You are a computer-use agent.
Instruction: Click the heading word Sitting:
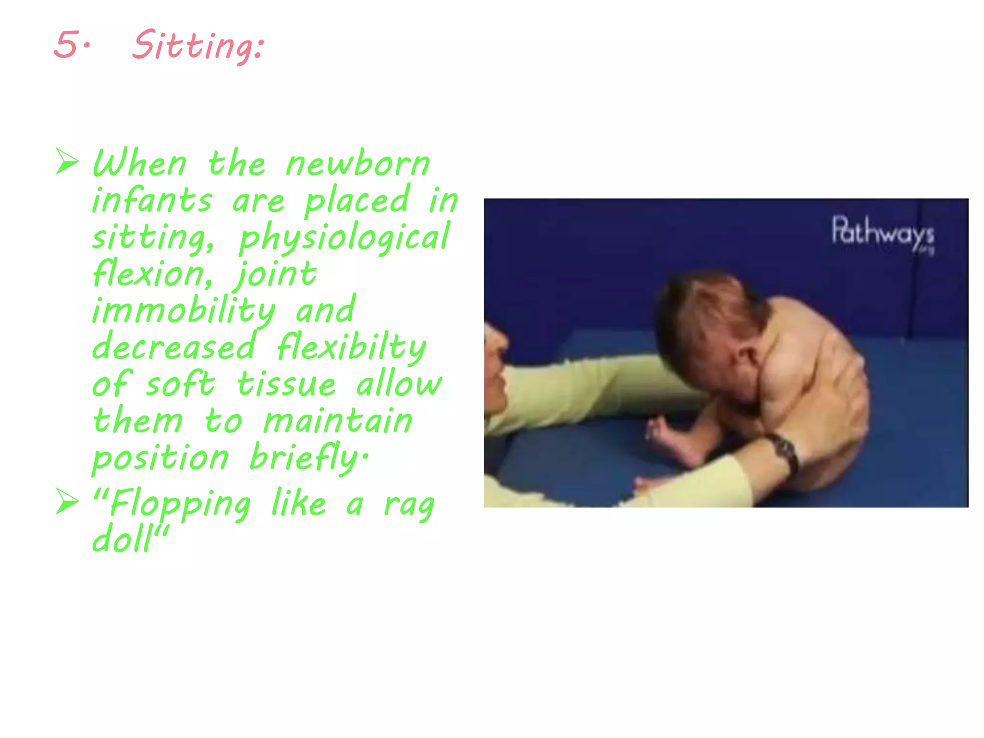pyautogui.click(x=198, y=46)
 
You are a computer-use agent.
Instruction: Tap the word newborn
pyautogui.click(x=357, y=164)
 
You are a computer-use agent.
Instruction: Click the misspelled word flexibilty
pyautogui.click(x=351, y=347)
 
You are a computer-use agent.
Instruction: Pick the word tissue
pyautogui.click(x=286, y=384)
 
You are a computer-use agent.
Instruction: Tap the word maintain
pyautogui.click(x=338, y=421)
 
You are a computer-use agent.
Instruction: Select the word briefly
pyautogui.click(x=307, y=457)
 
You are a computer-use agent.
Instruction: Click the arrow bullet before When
pyautogui.click(x=67, y=162)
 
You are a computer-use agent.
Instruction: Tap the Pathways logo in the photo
pyautogui.click(x=883, y=234)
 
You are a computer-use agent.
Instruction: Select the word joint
pyautogui.click(x=275, y=274)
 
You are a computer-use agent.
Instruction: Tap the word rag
pyautogui.click(x=409, y=505)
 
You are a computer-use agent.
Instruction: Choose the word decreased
pyautogui.click(x=173, y=347)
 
